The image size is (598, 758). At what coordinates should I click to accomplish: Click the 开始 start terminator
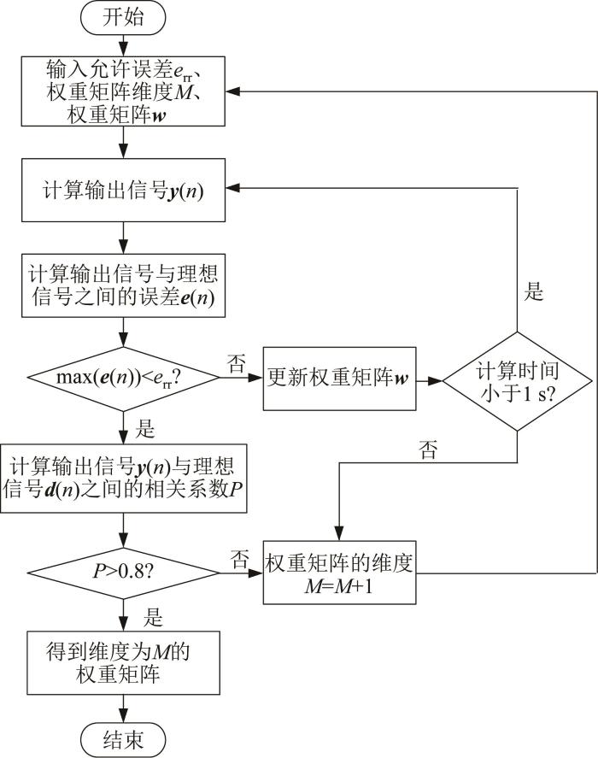click(123, 17)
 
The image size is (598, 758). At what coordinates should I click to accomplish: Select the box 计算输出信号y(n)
click(123, 190)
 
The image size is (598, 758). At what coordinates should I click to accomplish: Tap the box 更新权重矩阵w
click(339, 379)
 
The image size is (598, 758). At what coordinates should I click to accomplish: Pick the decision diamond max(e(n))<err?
click(123, 378)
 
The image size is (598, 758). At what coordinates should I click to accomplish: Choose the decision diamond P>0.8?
click(123, 573)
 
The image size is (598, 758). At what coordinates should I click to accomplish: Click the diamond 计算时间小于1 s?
click(517, 381)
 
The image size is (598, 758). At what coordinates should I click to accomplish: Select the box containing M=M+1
click(339, 573)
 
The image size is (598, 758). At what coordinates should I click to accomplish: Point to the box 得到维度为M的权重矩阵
click(123, 663)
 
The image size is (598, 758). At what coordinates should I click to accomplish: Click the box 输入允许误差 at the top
click(123, 91)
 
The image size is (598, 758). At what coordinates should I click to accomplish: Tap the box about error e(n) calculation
click(123, 285)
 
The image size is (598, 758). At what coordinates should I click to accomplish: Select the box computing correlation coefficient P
click(123, 479)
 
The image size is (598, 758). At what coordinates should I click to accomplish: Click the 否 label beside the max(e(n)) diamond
click(237, 363)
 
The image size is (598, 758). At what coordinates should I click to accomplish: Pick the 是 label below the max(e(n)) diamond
click(145, 429)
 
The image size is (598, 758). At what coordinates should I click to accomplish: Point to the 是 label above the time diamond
click(534, 292)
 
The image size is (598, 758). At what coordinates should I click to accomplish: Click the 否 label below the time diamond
click(429, 450)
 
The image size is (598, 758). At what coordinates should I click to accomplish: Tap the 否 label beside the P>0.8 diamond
click(239, 559)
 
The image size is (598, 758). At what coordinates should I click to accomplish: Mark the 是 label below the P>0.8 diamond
click(153, 618)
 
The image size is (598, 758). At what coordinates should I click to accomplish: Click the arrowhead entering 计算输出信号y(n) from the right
click(232, 188)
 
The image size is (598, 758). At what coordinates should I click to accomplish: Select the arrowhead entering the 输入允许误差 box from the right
click(232, 91)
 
